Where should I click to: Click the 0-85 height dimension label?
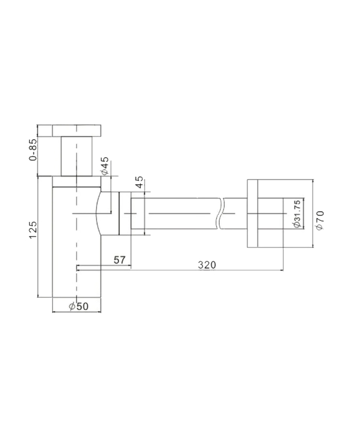click(x=33, y=149)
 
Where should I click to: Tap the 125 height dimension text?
click(x=33, y=230)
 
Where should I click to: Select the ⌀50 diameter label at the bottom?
click(x=79, y=306)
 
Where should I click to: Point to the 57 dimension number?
click(x=119, y=260)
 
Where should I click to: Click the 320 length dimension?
click(x=207, y=265)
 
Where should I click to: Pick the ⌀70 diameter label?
click(x=320, y=220)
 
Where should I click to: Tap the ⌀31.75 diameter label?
click(x=297, y=214)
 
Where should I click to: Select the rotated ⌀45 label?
click(x=105, y=166)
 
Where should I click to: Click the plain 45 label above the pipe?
click(x=140, y=182)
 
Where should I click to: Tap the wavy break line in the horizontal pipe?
click(x=221, y=213)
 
